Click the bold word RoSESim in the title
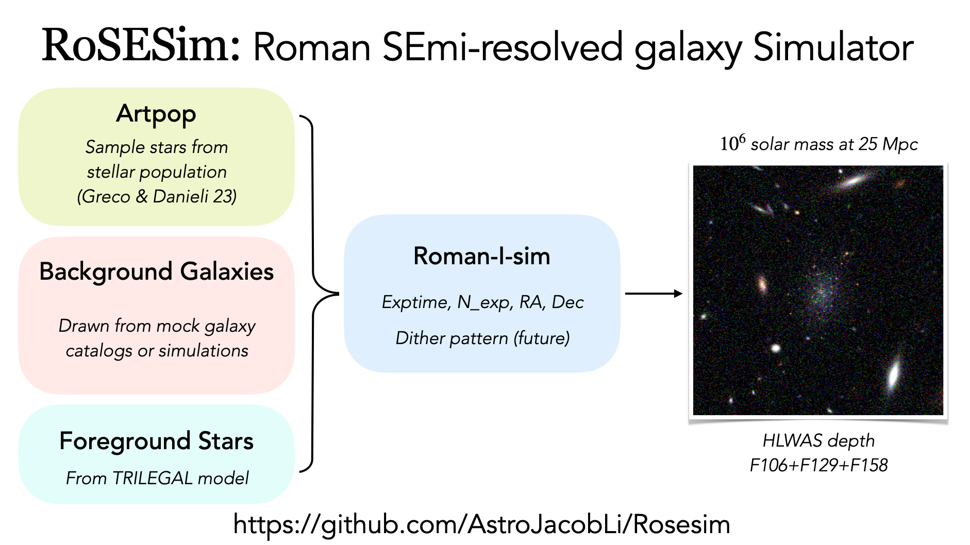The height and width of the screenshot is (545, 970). [140, 46]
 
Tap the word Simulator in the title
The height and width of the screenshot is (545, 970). [833, 47]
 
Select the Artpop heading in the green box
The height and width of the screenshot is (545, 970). [156, 113]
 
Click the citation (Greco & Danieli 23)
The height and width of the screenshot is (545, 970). [157, 196]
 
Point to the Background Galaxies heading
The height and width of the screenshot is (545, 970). [156, 271]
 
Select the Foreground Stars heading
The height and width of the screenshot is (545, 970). [156, 441]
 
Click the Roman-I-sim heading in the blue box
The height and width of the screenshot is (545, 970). [481, 256]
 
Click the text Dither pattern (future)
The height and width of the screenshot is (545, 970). [482, 338]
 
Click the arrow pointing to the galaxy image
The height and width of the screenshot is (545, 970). [653, 294]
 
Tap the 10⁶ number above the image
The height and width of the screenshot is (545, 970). [732, 143]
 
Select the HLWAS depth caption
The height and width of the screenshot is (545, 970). [818, 440]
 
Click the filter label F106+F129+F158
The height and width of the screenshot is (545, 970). [818, 465]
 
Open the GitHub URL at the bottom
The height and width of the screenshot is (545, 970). [481, 524]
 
